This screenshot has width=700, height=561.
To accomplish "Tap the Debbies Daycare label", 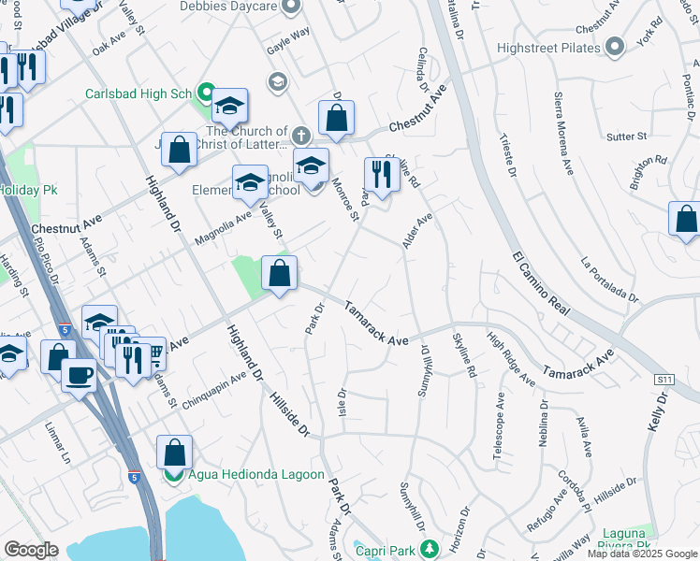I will pos(232,8).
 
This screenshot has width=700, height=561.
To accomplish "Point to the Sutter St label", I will pos(627,137).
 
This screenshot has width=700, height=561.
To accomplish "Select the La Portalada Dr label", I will pos(609,280).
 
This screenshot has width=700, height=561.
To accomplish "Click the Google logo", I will pos(31,550).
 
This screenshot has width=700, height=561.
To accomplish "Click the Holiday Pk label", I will pos(28,190).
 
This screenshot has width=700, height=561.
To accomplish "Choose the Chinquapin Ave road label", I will pos(212,390).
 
